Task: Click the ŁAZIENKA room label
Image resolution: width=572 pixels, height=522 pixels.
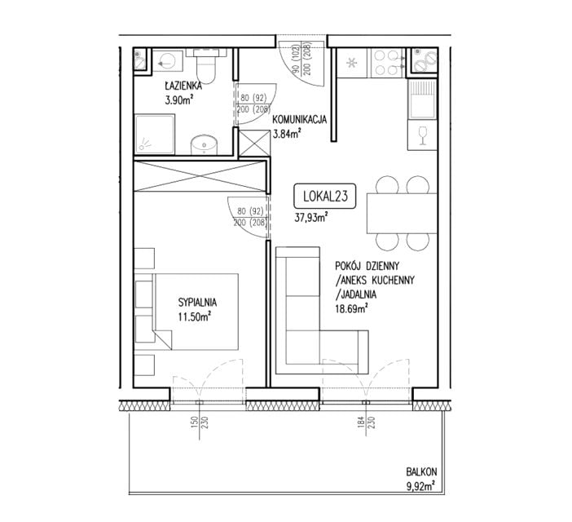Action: (x=183, y=86)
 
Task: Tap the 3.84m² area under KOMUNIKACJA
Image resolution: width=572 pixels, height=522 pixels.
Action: (x=287, y=134)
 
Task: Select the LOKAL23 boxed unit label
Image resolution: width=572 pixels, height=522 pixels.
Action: (x=325, y=196)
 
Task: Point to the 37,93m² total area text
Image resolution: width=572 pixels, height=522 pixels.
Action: (x=310, y=218)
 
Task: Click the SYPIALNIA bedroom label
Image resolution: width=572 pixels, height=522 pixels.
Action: (x=197, y=303)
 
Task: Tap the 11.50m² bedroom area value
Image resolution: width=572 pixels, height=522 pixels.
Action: (x=195, y=316)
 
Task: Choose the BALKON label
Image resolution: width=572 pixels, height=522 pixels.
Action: (x=422, y=472)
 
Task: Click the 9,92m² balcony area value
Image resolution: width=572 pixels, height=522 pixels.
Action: (x=421, y=486)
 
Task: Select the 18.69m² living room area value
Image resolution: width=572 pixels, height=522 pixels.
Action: (x=351, y=309)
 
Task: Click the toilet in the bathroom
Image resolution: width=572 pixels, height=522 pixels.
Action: (x=206, y=65)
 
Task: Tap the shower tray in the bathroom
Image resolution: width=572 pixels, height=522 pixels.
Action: (x=155, y=134)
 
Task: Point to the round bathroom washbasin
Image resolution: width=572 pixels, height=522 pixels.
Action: (x=205, y=145)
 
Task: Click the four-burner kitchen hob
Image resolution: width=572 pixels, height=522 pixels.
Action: (x=388, y=63)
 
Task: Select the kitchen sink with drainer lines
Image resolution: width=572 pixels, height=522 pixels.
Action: (x=422, y=100)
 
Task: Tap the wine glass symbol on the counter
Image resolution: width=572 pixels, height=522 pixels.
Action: (x=423, y=135)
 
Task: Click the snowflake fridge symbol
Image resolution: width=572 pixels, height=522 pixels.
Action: (x=352, y=63)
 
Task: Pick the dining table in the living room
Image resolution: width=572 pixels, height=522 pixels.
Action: (x=402, y=213)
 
